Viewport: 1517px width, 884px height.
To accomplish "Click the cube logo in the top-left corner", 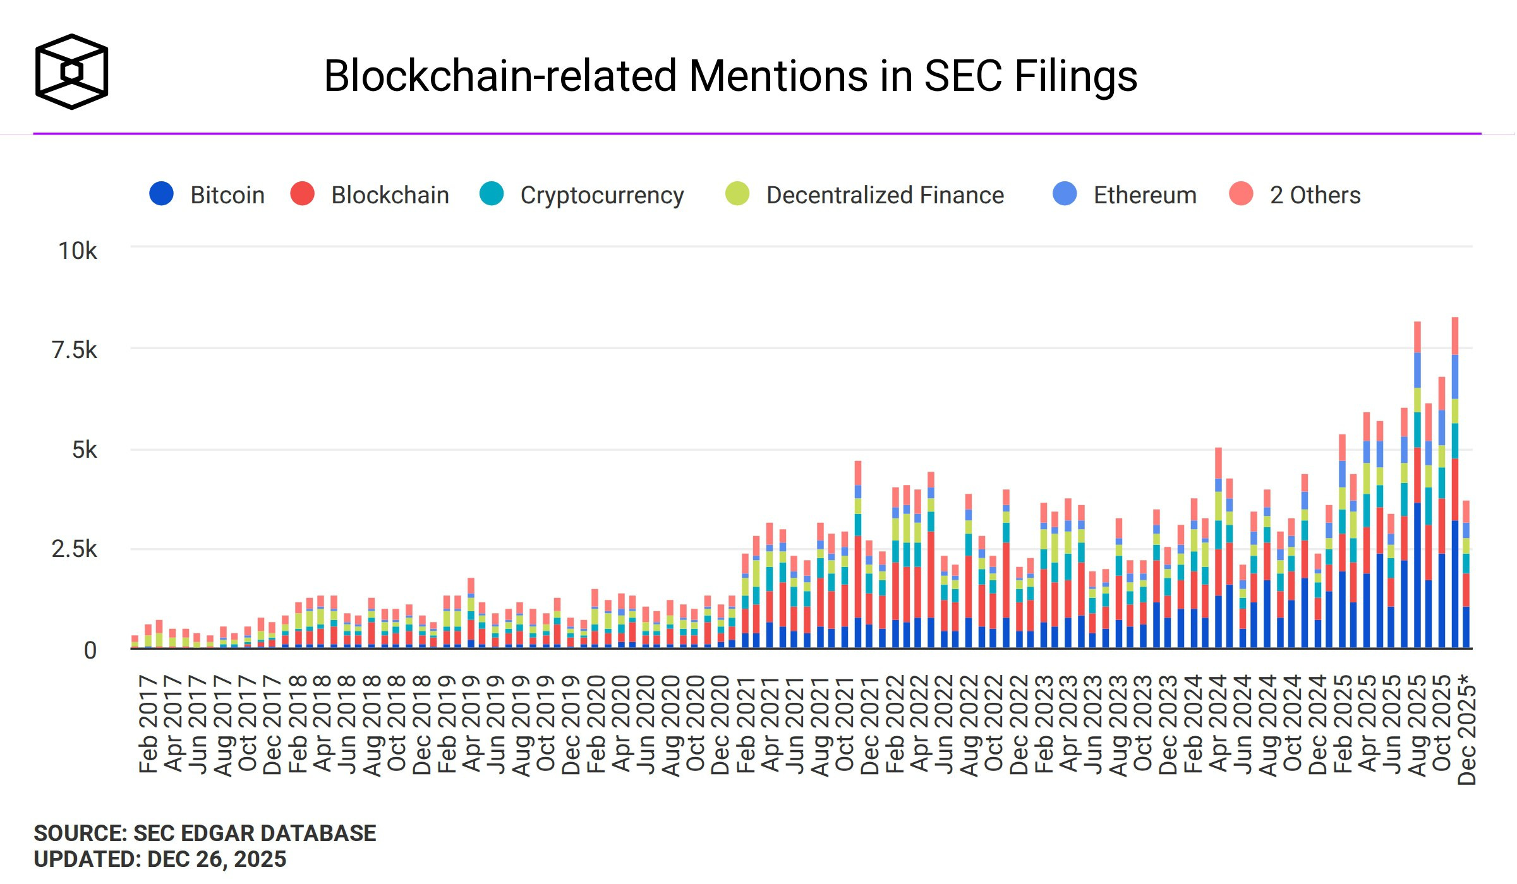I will pos(71,71).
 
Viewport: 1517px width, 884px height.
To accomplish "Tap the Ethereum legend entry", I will pos(1125,194).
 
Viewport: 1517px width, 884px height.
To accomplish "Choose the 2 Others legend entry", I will pos(1295,194).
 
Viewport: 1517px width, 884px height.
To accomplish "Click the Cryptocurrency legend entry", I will pos(582,194).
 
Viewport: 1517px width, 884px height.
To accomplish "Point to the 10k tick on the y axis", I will pos(78,251).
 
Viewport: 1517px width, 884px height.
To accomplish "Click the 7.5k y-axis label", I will pos(75,350).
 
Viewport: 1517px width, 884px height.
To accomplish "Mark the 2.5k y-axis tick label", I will pos(75,549).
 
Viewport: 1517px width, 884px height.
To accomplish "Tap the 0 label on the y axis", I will pos(90,650).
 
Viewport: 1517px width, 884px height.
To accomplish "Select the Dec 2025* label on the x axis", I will pos(1466,729).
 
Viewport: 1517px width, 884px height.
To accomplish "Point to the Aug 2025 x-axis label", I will pos(1417,725).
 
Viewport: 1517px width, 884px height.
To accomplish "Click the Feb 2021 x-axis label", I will pos(746,725).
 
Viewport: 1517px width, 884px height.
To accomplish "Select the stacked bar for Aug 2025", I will pos(1417,486).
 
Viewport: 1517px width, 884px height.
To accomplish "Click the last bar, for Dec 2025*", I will pos(1466,575).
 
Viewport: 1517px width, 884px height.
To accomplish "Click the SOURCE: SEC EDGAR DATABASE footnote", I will pos(205,833).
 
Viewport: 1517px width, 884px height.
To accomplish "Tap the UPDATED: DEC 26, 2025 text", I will pos(160,859).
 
